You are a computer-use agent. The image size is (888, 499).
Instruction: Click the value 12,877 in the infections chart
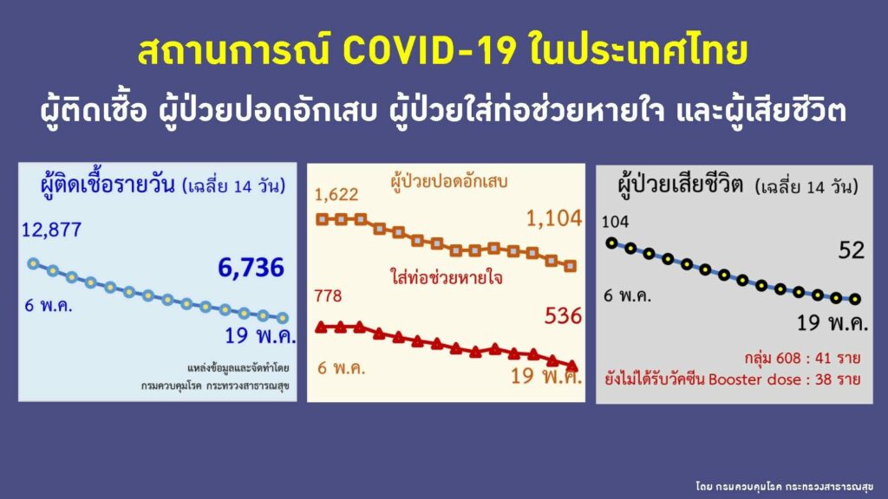click(x=51, y=230)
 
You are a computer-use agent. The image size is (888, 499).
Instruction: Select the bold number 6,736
click(x=251, y=268)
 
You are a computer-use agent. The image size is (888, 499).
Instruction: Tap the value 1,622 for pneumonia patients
click(x=336, y=195)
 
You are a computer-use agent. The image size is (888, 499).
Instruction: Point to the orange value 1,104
click(x=554, y=218)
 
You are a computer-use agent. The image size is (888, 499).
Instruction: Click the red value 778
click(x=329, y=295)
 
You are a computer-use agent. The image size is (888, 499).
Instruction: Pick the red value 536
click(x=563, y=315)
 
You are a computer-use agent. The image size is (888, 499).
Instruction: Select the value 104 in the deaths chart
click(x=615, y=221)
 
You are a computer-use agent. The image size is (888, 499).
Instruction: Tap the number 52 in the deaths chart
click(x=852, y=249)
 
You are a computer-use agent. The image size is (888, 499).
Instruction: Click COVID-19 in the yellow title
click(x=429, y=51)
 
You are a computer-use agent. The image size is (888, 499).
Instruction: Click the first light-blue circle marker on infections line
click(x=34, y=263)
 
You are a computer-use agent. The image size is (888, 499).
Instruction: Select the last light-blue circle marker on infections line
click(x=283, y=318)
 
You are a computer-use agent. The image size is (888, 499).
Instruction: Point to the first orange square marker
click(x=322, y=219)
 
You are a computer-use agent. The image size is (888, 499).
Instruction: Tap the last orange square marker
click(x=571, y=266)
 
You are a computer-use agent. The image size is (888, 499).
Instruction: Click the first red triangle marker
click(x=321, y=327)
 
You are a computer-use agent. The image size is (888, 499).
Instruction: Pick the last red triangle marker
click(x=572, y=366)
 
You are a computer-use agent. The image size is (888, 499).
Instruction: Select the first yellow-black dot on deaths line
click(x=611, y=243)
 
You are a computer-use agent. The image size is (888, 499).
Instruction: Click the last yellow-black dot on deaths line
click(x=855, y=299)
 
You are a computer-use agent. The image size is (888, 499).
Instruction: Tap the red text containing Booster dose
click(x=732, y=379)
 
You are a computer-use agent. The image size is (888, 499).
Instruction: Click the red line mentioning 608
click(x=802, y=358)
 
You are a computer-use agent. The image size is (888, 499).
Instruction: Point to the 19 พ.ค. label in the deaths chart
click(x=832, y=323)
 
